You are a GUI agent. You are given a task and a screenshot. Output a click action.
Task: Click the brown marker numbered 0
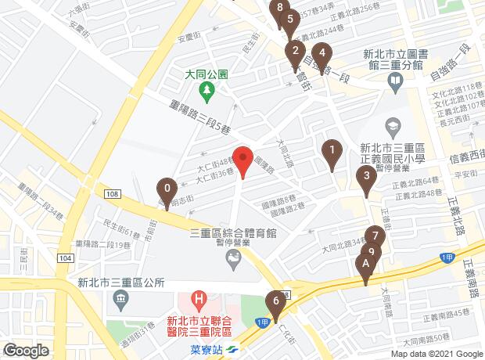coord(167,189)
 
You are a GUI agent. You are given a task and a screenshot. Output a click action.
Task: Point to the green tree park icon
coord(207,92)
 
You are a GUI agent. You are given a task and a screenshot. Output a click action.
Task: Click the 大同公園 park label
coord(207,75)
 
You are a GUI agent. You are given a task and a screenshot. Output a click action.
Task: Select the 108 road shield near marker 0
coord(112,193)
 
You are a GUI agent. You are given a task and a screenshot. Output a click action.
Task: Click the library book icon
coord(397,81)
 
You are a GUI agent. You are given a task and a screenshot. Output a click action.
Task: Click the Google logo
coord(25,351)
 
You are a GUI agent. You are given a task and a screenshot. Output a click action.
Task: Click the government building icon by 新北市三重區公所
coord(120,298)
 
